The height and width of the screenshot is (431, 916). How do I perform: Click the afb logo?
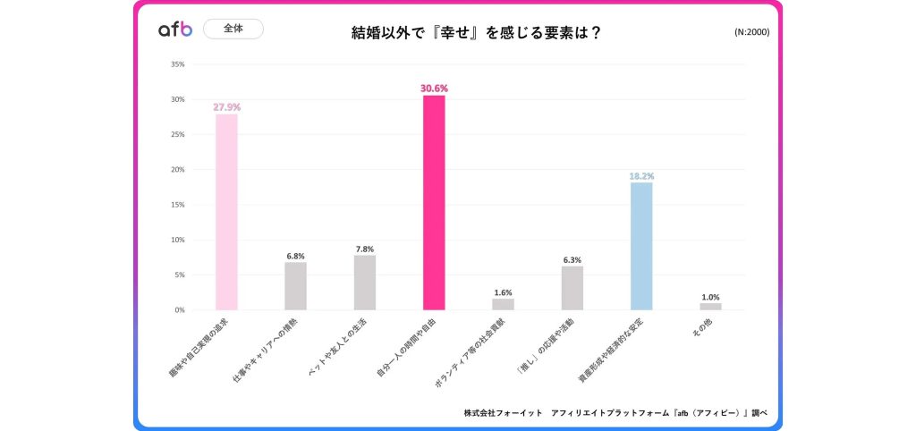point(175,30)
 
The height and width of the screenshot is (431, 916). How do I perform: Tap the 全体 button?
point(233,30)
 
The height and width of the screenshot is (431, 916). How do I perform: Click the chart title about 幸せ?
point(475,33)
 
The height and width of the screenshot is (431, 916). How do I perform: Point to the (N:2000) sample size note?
point(751,32)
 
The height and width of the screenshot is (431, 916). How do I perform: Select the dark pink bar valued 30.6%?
point(434,203)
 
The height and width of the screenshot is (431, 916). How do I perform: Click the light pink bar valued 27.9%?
point(226,212)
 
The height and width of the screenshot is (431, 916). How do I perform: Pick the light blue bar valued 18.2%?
point(641,246)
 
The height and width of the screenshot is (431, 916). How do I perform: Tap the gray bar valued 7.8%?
point(365,283)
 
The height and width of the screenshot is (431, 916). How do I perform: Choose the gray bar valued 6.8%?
point(295,286)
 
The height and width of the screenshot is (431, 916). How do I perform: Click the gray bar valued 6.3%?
point(572,288)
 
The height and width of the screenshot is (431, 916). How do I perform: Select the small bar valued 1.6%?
point(503,304)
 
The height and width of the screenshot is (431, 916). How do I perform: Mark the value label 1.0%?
point(710,297)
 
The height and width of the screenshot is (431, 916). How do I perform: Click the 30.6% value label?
point(434,89)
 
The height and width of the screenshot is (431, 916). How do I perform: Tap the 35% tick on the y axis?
point(177,64)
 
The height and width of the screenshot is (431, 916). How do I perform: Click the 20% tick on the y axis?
point(177,170)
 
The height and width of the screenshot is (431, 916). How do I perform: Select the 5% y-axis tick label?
point(179,275)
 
